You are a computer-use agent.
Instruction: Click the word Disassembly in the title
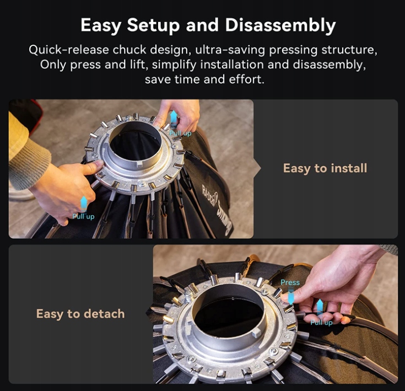click(280, 25)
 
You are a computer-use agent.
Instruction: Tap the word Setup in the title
click(153, 26)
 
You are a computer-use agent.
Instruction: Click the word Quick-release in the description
click(69, 49)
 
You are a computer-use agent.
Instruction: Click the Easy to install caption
click(325, 168)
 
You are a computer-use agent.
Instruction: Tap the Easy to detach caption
click(80, 314)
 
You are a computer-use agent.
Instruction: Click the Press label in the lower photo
click(290, 282)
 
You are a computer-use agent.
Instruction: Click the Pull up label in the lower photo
click(321, 323)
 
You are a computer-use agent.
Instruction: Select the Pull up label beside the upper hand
click(180, 133)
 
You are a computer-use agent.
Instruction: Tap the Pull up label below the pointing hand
click(83, 216)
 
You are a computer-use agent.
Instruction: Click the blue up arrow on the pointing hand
click(83, 203)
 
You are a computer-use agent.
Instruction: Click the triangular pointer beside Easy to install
click(257, 169)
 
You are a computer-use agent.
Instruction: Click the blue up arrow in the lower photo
click(320, 308)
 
